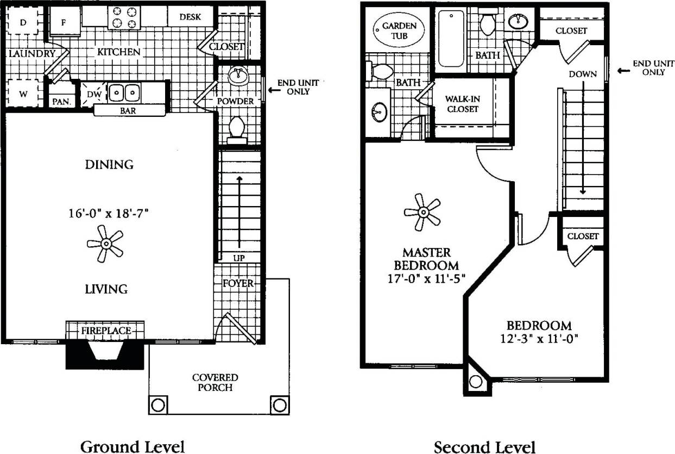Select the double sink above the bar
[124, 93]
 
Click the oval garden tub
[399, 31]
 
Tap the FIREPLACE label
[106, 331]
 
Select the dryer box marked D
[23, 22]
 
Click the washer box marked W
[23, 94]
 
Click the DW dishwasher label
[92, 94]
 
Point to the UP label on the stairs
[239, 258]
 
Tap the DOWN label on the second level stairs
[583, 74]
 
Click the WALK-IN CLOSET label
[462, 104]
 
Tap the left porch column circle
[157, 405]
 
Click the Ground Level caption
[133, 446]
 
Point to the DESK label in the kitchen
[190, 17]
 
